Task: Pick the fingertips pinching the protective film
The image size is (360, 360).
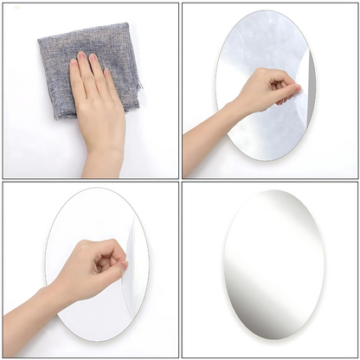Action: pyautogui.click(x=295, y=89)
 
